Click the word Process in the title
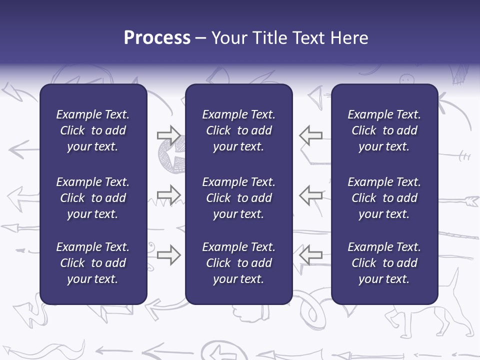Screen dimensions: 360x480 click(157, 38)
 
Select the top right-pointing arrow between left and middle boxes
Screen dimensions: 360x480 click(168, 135)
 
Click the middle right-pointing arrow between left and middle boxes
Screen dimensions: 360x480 click(168, 194)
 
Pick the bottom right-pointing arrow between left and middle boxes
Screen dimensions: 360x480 click(168, 254)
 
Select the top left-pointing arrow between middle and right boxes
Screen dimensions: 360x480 click(311, 135)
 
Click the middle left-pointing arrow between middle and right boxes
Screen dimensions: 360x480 click(311, 194)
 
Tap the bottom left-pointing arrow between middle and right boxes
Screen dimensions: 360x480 click(311, 254)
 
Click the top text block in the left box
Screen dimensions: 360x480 click(93, 130)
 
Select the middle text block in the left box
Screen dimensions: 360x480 click(93, 198)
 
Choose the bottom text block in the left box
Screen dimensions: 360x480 click(93, 263)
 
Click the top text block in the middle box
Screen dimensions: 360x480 click(238, 130)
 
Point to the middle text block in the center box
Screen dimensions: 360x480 click(238, 198)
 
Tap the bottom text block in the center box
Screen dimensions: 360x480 click(238, 263)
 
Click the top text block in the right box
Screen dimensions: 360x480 click(384, 130)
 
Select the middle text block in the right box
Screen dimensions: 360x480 click(384, 198)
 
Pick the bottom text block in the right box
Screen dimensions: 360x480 click(384, 263)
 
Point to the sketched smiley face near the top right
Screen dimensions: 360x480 click(407, 78)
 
